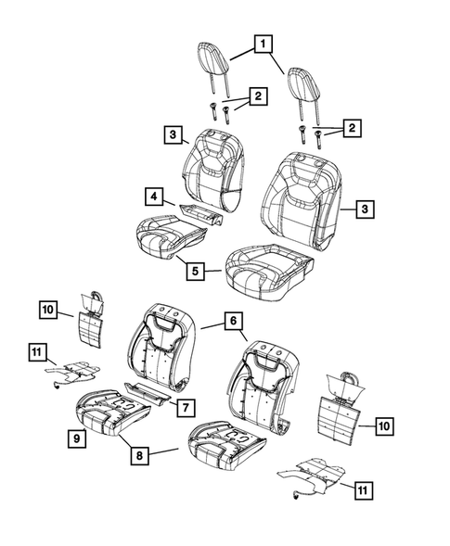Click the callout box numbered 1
(264, 44)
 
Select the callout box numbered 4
(151, 196)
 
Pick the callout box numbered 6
(235, 321)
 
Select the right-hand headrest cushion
(303, 82)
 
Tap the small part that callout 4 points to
(199, 215)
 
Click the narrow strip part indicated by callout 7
(148, 394)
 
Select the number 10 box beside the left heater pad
(49, 310)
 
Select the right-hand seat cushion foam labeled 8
(228, 443)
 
